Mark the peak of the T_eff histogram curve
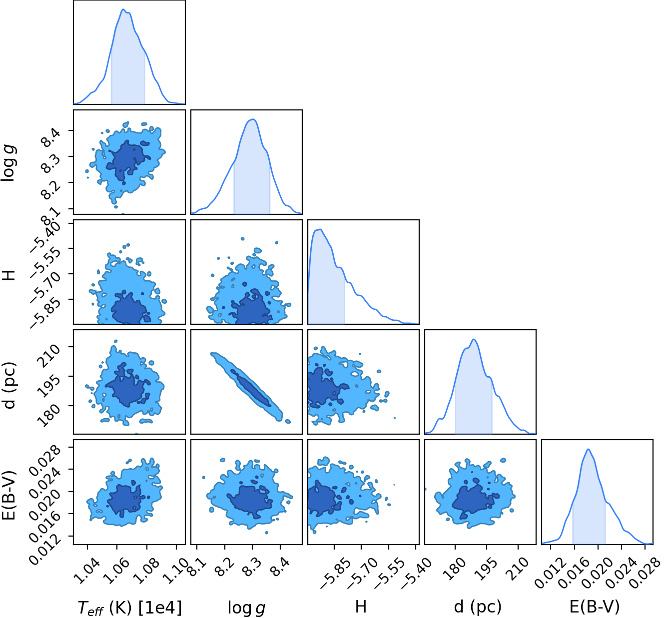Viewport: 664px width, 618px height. tap(123, 9)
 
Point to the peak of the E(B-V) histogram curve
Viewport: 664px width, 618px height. tap(588, 449)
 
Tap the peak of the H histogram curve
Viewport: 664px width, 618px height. tap(320, 229)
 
